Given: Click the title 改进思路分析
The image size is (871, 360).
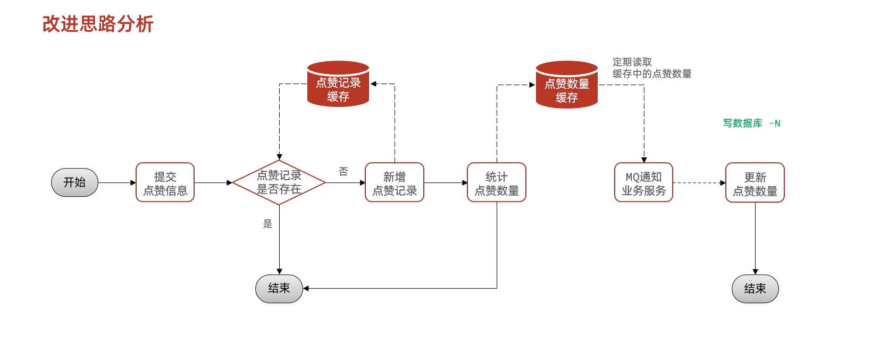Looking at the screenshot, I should tap(98, 24).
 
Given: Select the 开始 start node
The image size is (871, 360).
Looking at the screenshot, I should tap(74, 182).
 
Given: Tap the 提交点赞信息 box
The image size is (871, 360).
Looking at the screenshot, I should tap(165, 182).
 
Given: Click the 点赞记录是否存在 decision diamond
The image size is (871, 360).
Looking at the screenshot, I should tap(279, 182).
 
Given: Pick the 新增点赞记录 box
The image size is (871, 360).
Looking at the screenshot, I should tap(394, 182).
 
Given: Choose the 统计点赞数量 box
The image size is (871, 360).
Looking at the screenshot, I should tap(496, 182).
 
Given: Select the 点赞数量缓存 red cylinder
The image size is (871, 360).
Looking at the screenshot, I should tap(567, 85).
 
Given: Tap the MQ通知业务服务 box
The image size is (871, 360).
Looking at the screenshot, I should tap(643, 182).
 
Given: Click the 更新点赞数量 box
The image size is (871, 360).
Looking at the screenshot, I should tap(755, 182).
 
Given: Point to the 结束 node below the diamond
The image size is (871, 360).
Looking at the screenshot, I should tap(279, 289).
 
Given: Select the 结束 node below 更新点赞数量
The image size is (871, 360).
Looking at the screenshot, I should tap(755, 289).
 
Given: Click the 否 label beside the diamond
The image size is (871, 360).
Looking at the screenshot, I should tap(344, 171).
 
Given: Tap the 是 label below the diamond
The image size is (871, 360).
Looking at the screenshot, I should tap(267, 224).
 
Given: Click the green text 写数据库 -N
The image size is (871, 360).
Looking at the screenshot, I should tap(751, 123).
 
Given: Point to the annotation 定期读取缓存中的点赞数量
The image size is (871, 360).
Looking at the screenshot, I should tap(651, 68).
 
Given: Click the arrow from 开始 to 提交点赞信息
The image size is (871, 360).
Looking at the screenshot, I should tap(117, 182).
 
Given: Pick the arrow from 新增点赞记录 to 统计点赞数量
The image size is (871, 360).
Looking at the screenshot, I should tap(445, 182).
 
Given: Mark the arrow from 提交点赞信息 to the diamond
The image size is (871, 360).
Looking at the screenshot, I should tap(213, 182).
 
